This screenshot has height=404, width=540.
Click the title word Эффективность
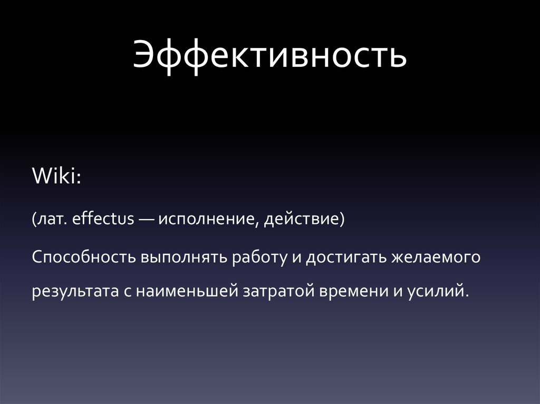pos(269,57)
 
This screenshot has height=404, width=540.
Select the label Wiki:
pos(56,176)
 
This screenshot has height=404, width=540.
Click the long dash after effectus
pos(148,219)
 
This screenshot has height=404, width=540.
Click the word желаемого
pos(437,258)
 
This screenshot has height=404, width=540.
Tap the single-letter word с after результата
pos(127,292)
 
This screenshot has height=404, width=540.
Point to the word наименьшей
pos(187,291)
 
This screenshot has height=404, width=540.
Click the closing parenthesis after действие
pos(341,219)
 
